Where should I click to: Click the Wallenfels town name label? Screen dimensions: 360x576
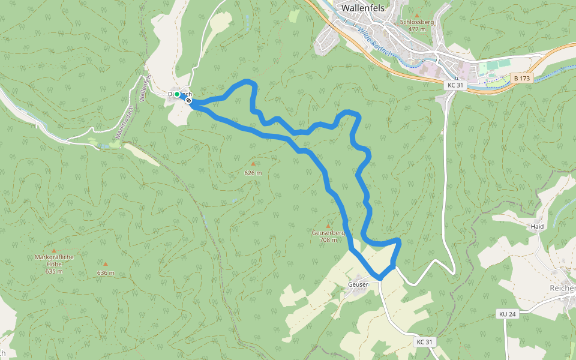point(362,8)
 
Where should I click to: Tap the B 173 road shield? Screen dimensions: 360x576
point(522,78)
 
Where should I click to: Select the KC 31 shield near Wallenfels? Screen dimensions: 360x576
point(455,85)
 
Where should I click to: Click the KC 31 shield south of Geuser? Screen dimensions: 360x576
point(424,341)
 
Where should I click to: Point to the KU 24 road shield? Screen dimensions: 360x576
point(507,314)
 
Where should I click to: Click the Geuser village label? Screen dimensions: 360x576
point(358,284)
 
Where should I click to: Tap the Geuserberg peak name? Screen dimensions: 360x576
point(328,233)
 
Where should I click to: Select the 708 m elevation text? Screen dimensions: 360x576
point(328,240)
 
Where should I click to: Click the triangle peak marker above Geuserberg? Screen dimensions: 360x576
point(328,226)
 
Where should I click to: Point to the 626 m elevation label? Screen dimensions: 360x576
point(253,173)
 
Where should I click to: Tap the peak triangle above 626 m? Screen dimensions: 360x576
point(253,163)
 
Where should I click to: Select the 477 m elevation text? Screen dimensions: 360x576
point(416,29)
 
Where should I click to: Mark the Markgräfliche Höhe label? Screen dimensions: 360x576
point(54,261)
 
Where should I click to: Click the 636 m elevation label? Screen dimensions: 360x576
point(106,273)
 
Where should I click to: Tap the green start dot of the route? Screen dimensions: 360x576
point(178,95)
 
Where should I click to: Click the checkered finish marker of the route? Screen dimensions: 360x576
point(188,101)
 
